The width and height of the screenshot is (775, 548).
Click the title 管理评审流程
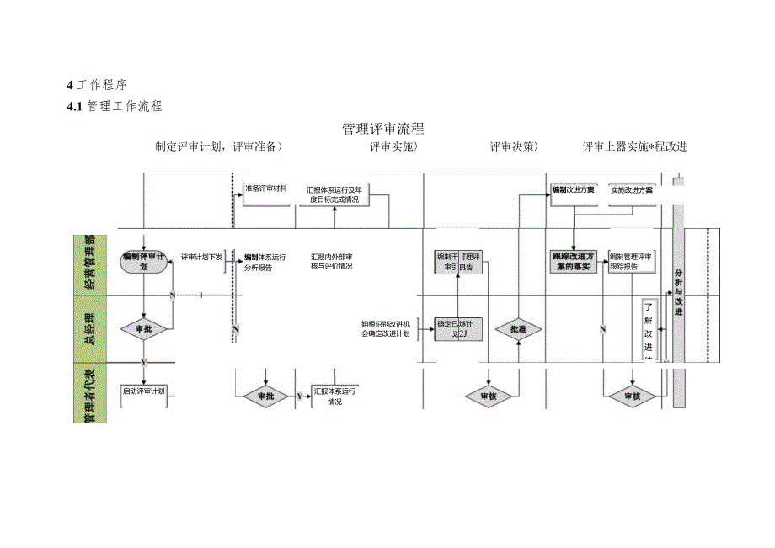click(x=382, y=129)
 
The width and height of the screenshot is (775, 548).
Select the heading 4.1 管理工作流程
click(x=115, y=106)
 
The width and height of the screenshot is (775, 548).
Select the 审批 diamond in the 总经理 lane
click(x=144, y=328)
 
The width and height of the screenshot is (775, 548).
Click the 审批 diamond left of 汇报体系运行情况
click(x=265, y=395)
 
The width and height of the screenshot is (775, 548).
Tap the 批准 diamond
click(x=517, y=328)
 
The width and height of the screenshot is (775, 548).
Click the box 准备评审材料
click(x=265, y=189)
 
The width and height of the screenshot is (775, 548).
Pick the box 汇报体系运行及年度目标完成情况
click(x=334, y=194)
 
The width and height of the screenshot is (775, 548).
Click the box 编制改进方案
click(x=573, y=190)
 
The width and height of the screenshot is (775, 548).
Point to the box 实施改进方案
click(x=631, y=190)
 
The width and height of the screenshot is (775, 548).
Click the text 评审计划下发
click(x=201, y=257)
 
